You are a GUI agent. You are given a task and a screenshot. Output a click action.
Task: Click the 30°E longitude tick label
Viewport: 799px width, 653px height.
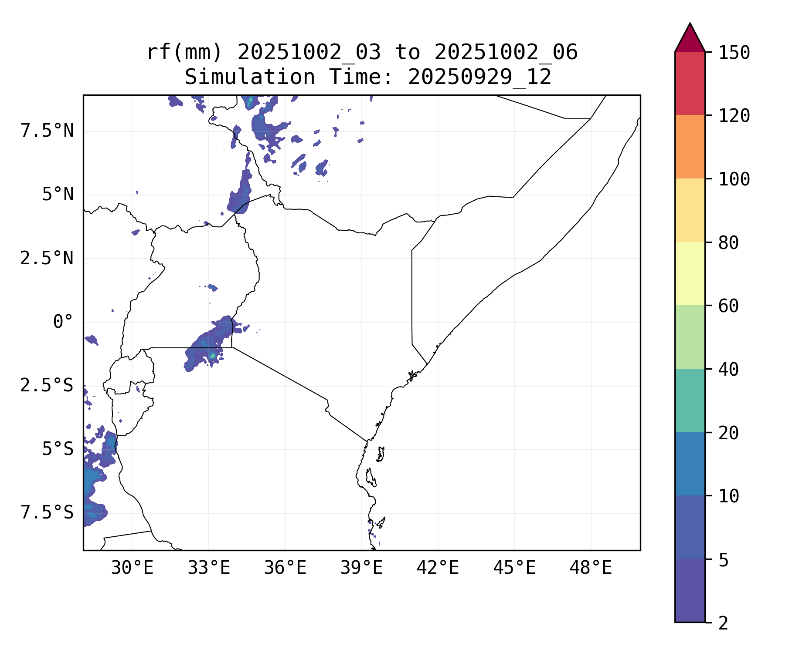click(132, 568)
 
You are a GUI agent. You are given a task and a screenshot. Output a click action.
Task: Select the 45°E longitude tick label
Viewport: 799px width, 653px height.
click(514, 568)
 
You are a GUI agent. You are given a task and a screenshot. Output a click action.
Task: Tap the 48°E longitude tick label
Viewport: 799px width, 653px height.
click(591, 568)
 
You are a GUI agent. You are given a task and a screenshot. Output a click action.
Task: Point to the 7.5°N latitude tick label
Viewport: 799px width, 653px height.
click(47, 131)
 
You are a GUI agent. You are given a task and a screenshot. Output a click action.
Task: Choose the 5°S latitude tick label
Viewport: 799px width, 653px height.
click(58, 449)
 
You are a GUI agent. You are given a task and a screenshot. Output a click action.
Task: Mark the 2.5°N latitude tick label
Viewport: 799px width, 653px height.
click(47, 259)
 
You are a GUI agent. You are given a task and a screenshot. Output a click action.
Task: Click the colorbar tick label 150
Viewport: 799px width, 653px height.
click(734, 53)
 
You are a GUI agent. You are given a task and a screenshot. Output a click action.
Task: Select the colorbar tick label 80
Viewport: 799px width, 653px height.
click(728, 243)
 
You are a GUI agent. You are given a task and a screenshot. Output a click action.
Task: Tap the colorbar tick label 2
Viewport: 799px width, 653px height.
click(723, 623)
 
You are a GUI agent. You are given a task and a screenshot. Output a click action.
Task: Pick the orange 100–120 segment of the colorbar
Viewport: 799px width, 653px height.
click(690, 147)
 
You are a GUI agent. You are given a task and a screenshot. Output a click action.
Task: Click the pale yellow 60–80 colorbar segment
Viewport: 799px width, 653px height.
click(690, 273)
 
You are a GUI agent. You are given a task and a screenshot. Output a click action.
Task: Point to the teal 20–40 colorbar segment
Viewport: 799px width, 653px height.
click(690, 401)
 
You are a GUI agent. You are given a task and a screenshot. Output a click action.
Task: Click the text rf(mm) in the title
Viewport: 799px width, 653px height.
click(184, 53)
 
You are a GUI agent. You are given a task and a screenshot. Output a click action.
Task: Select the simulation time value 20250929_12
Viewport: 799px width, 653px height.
click(479, 77)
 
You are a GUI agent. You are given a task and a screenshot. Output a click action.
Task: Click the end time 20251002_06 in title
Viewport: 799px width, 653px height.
click(506, 53)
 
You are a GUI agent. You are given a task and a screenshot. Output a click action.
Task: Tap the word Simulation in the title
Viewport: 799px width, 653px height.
click(250, 77)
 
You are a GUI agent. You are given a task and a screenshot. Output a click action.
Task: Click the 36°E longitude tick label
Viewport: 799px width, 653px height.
click(285, 568)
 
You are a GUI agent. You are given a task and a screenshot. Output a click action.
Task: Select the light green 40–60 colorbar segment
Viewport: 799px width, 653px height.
click(690, 337)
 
